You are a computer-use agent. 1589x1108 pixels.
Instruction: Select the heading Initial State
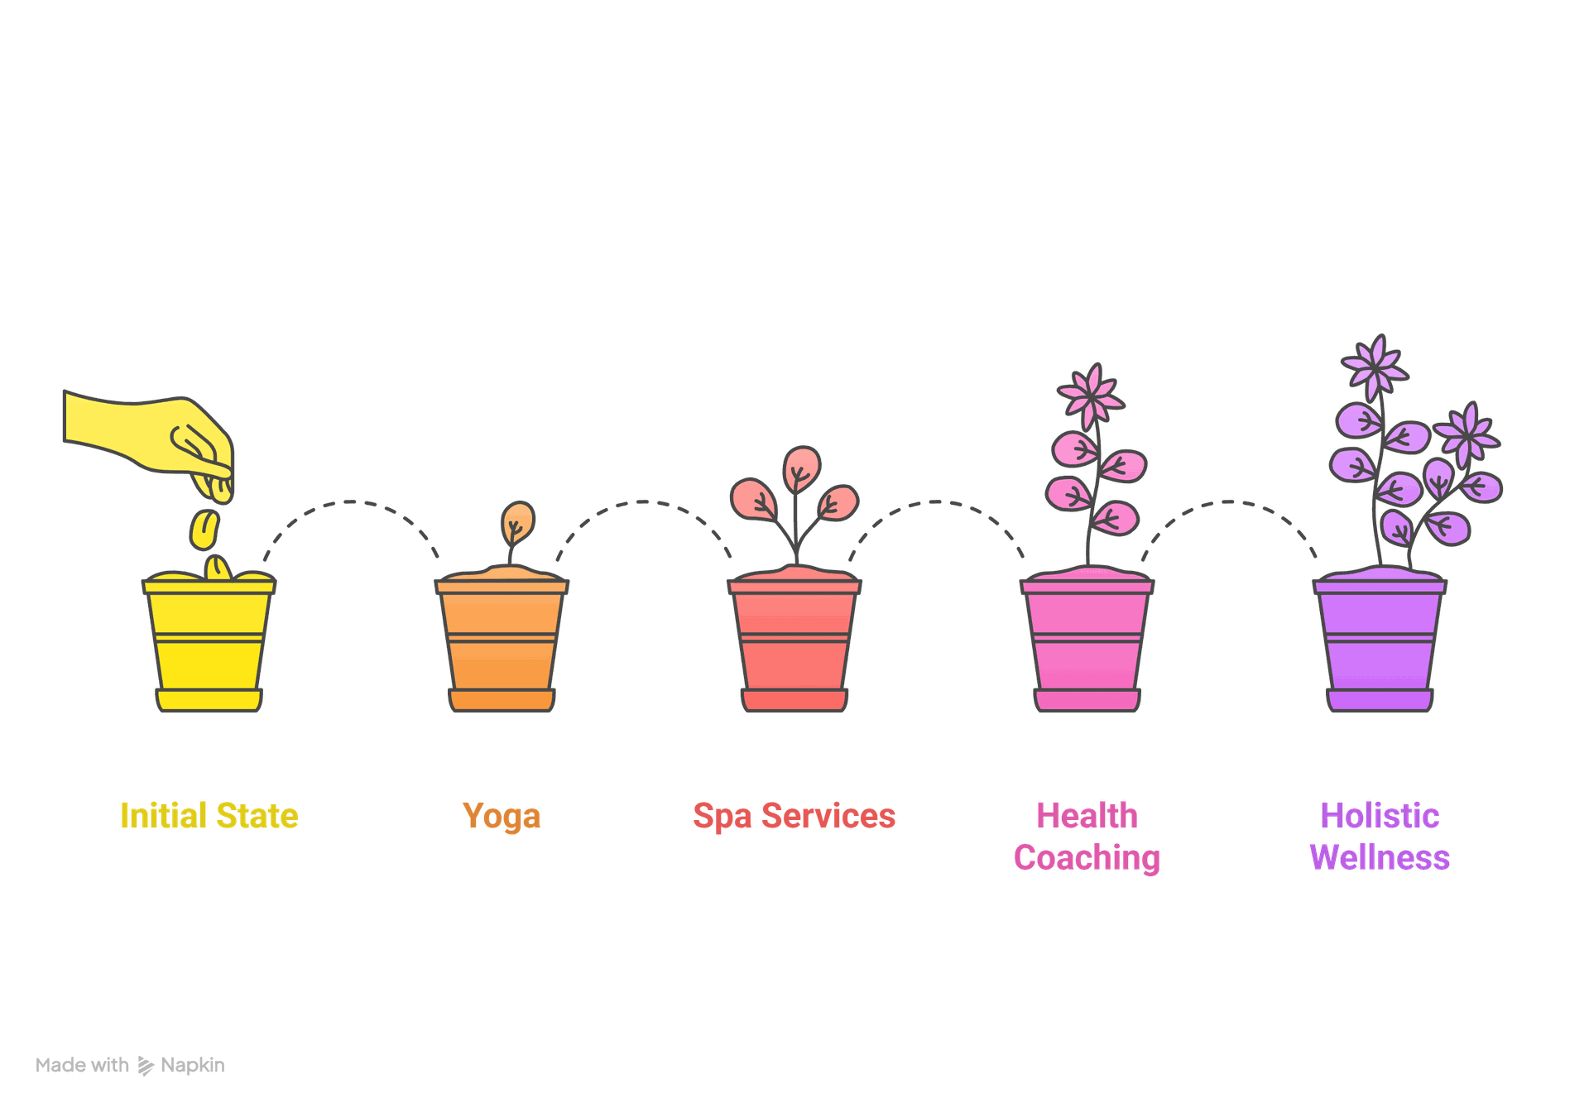pyautogui.click(x=209, y=816)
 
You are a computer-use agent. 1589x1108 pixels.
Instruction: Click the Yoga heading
pyautogui.click(x=502, y=816)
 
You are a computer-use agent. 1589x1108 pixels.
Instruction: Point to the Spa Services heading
pyautogui.click(x=794, y=816)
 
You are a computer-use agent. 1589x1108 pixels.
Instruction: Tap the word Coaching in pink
pyautogui.click(x=1087, y=858)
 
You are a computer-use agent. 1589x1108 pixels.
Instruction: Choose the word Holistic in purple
pyautogui.click(x=1380, y=816)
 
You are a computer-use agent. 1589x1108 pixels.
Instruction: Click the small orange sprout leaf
pyautogui.click(x=517, y=520)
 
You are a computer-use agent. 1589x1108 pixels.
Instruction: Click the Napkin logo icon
pyautogui.click(x=146, y=1066)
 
